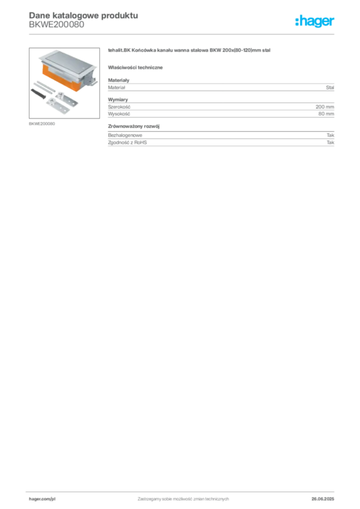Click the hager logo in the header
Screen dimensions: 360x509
315,21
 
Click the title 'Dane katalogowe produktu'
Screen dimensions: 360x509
84,15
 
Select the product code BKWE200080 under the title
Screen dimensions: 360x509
57,24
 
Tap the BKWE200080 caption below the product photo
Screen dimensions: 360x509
42,124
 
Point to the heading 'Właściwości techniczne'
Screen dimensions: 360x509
135,68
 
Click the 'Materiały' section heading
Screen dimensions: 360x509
118,80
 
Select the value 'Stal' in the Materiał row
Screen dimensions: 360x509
330,87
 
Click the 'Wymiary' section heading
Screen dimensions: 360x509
118,99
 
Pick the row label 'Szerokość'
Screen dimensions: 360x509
119,107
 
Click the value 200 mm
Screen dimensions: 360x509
325,107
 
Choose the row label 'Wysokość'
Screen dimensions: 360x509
119,114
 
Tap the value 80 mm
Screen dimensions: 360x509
326,114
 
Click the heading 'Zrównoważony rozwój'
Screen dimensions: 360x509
134,126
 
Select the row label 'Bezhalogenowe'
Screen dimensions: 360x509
125,135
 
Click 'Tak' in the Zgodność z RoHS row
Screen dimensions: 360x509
331,143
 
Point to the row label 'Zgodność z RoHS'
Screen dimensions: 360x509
127,143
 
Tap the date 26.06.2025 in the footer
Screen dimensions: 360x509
323,499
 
